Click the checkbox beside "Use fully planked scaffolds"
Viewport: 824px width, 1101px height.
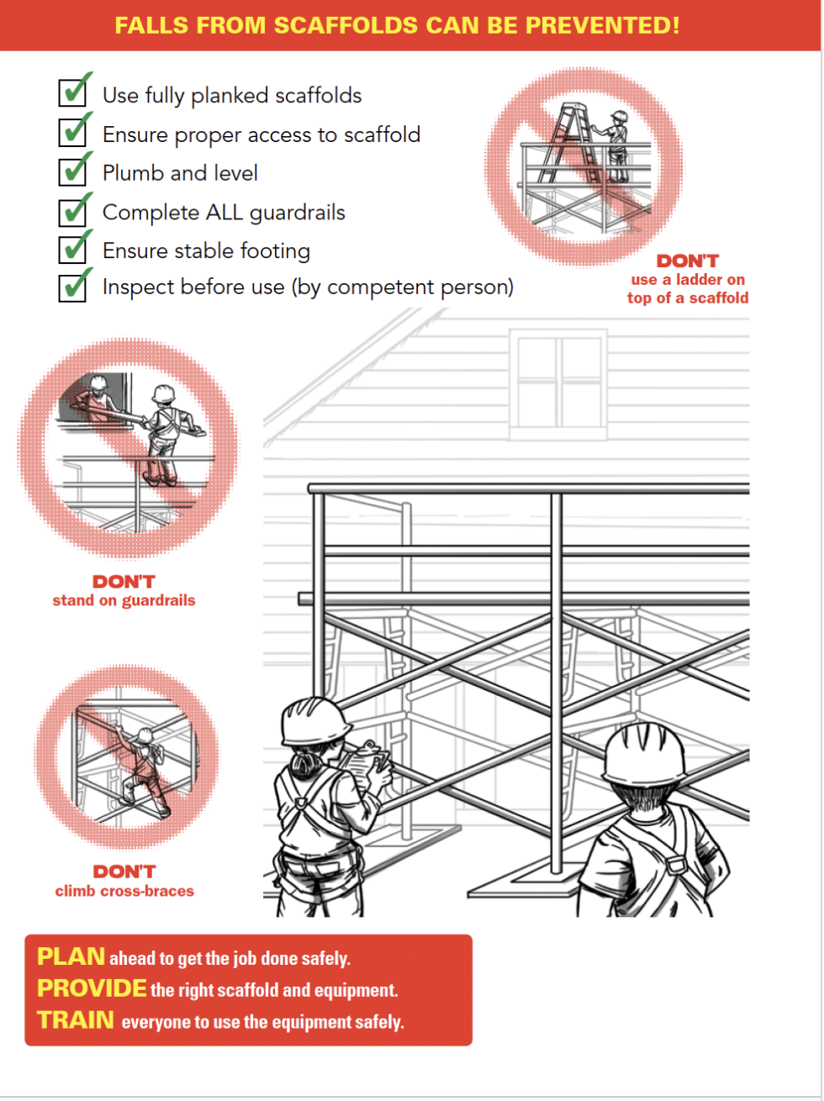73,92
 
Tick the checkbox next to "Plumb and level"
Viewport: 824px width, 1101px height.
73,171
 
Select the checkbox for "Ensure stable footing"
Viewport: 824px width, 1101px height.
73,249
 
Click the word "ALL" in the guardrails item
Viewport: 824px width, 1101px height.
224,213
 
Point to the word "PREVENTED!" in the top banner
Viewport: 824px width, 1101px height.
602,25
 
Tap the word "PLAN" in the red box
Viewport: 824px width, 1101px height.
71,956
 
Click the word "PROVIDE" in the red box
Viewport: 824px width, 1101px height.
92,988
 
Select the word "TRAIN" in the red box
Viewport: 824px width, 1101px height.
76,1020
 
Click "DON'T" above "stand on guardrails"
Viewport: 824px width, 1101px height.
124,582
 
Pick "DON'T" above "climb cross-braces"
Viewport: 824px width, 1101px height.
124,872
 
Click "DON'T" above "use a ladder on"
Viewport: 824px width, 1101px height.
687,261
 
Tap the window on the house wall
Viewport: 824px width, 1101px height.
558,383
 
